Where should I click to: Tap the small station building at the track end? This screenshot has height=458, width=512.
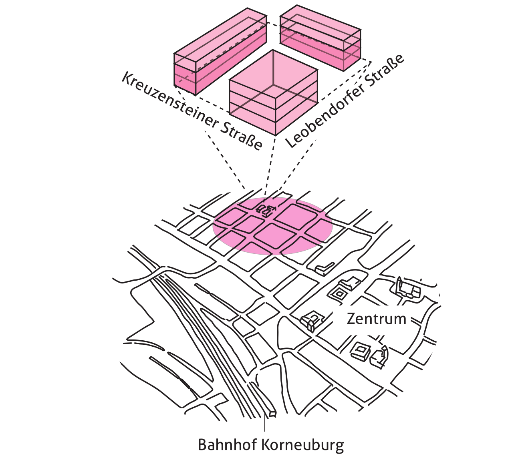[272, 413]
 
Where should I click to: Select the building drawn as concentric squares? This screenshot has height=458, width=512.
[340, 293]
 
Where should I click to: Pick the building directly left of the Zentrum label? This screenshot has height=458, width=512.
[312, 321]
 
